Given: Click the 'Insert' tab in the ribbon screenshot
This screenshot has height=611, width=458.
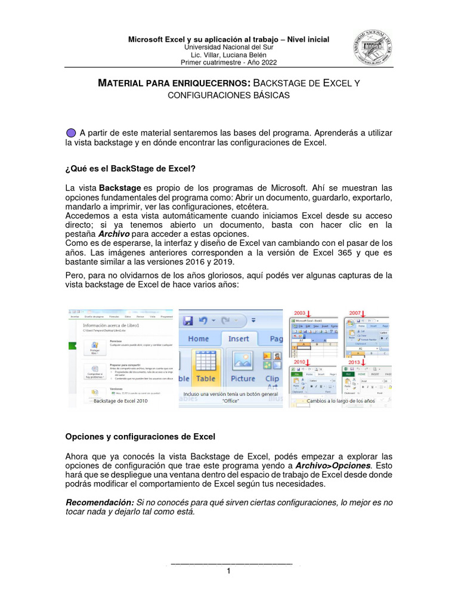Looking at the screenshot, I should click(239, 338).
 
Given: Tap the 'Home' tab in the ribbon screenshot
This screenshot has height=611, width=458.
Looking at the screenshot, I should click(198, 338).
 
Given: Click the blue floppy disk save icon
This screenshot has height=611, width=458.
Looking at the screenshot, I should click(188, 320).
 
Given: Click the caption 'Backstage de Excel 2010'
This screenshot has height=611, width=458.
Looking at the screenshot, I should click(120, 402).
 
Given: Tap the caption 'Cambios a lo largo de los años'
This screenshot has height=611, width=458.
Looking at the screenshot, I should click(341, 402).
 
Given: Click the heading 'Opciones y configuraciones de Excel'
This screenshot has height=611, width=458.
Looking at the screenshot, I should click(140, 436).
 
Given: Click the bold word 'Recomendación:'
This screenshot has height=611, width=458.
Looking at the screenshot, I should click(100, 502).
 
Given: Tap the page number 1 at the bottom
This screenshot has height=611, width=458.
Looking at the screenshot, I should click(228, 571).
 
